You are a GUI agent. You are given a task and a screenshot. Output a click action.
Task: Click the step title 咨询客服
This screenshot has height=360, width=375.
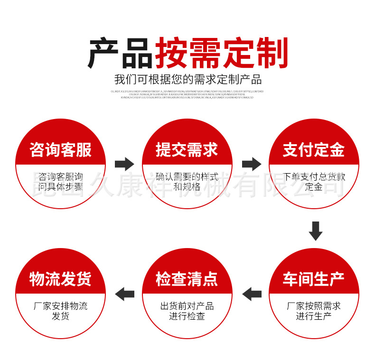60,150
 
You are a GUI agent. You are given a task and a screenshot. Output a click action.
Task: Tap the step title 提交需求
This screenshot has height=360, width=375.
187,150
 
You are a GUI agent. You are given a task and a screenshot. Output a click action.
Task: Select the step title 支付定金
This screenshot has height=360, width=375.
313,150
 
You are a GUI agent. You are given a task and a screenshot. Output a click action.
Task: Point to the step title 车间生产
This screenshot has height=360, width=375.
313,279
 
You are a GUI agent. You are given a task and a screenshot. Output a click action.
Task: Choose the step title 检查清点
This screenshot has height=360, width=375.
187,279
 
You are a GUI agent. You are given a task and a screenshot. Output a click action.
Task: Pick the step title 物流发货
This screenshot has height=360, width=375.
60,279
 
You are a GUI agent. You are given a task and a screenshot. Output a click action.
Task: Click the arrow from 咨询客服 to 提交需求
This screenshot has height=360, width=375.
125,164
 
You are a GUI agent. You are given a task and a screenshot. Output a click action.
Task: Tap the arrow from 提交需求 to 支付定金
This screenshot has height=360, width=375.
252,164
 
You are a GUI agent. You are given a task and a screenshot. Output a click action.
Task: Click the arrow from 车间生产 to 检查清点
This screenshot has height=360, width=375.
252,294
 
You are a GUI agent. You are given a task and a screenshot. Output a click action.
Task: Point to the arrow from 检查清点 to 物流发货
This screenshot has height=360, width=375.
125,294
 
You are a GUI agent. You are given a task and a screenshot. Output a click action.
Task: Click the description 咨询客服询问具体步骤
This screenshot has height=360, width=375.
60,182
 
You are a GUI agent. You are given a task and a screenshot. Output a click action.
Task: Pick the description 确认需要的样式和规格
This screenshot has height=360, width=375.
187,182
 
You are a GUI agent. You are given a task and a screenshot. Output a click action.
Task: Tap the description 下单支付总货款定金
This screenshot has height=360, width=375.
314,182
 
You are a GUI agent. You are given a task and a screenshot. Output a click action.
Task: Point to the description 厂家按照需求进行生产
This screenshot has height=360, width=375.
314,311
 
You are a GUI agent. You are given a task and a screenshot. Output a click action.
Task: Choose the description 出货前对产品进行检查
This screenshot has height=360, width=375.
187,311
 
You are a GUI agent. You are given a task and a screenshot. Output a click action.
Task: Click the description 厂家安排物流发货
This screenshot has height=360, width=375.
60,311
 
